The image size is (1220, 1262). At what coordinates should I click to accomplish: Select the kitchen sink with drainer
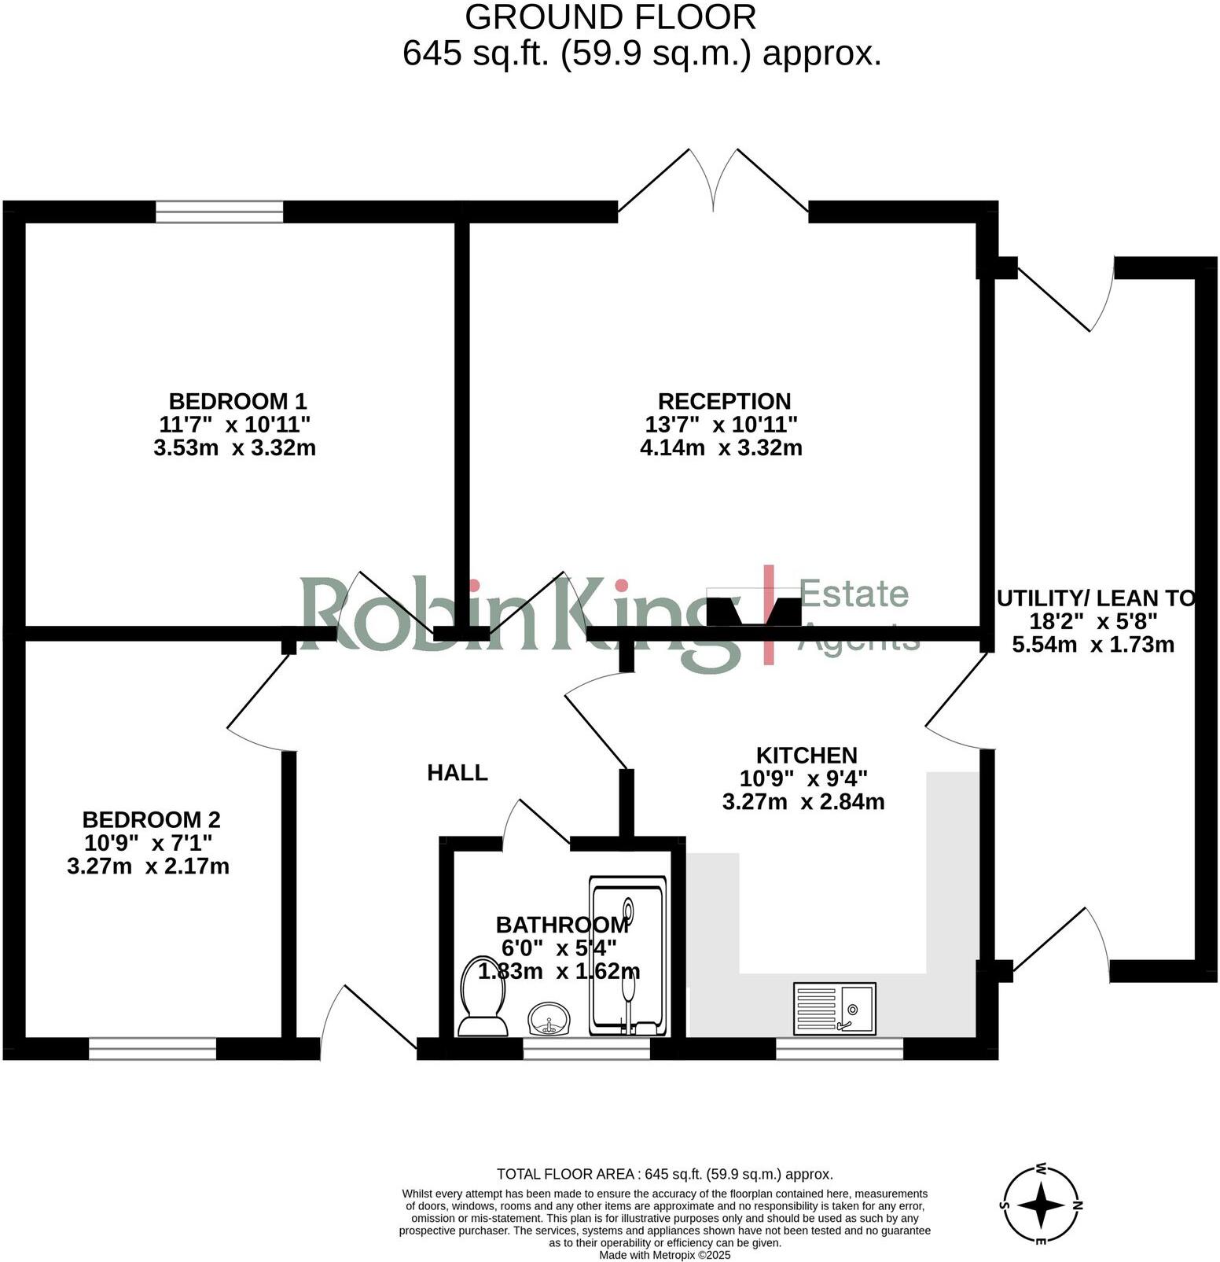click(x=834, y=1007)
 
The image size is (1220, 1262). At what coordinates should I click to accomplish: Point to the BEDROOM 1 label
click(x=238, y=401)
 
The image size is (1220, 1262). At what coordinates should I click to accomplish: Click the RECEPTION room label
click(x=724, y=401)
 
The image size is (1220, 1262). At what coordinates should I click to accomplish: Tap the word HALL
click(x=457, y=773)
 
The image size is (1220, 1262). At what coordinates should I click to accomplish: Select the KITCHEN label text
click(x=807, y=756)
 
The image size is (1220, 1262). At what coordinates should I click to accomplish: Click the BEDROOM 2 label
click(x=152, y=819)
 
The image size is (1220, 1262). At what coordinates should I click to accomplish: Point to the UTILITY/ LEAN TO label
click(x=1095, y=598)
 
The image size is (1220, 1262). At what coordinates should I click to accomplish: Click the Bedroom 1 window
click(x=219, y=212)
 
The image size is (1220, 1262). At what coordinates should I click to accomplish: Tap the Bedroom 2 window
click(x=152, y=1049)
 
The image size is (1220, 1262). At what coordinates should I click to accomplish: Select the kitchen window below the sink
click(x=840, y=1049)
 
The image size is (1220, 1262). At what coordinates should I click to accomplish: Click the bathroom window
click(x=586, y=1049)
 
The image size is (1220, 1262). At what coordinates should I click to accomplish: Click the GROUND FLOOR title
click(x=611, y=17)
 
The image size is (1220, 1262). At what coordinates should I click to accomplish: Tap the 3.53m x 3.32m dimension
click(x=235, y=448)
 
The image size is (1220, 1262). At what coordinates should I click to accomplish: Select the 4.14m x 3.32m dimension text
click(x=721, y=448)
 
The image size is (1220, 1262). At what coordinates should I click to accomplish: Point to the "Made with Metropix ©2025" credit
click(x=665, y=1255)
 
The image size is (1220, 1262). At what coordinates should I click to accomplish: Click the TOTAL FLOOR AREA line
click(x=665, y=1174)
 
